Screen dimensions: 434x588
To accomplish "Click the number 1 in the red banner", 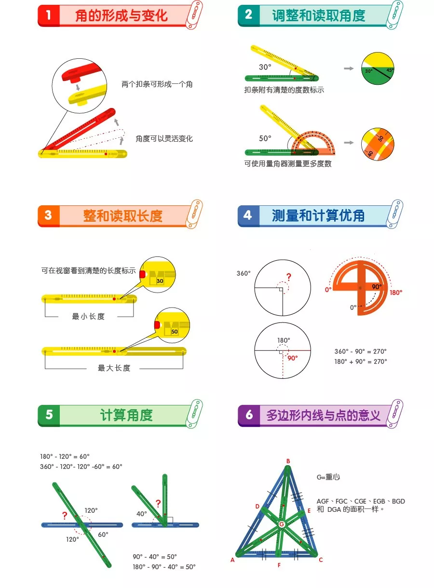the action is pos(48,15).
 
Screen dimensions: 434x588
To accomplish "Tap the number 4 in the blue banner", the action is pos(248,215).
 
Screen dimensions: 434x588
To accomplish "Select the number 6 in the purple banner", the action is pos(249,415).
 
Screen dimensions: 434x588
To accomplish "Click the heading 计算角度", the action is pos(126,415).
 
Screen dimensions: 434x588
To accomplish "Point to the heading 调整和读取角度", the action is pos(318,15).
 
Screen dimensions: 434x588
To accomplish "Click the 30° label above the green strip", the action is pos(265,67).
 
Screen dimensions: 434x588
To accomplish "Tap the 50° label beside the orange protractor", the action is pos(265,138).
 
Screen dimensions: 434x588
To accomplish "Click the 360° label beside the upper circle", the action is pos(244,273).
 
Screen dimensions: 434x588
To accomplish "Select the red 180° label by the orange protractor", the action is pos(395,293).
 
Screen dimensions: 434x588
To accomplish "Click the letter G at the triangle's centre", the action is pos(282,524).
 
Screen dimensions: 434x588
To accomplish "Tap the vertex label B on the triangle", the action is pos(288,461).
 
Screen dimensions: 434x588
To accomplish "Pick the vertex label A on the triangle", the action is pos(232,560).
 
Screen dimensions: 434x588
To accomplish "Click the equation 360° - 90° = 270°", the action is pos(360,351).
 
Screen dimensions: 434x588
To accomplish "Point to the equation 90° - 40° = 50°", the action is pos(155,557).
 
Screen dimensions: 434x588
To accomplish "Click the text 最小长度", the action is pos(88,316).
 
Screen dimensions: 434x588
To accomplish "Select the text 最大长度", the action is pos(114,368).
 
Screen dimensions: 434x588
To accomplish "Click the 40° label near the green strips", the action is pos(142,514).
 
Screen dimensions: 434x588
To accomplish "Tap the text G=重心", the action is pos(328,477).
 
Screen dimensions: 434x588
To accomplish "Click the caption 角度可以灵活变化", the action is pos(164,139).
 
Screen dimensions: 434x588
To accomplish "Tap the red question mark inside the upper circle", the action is pos(289,277).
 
